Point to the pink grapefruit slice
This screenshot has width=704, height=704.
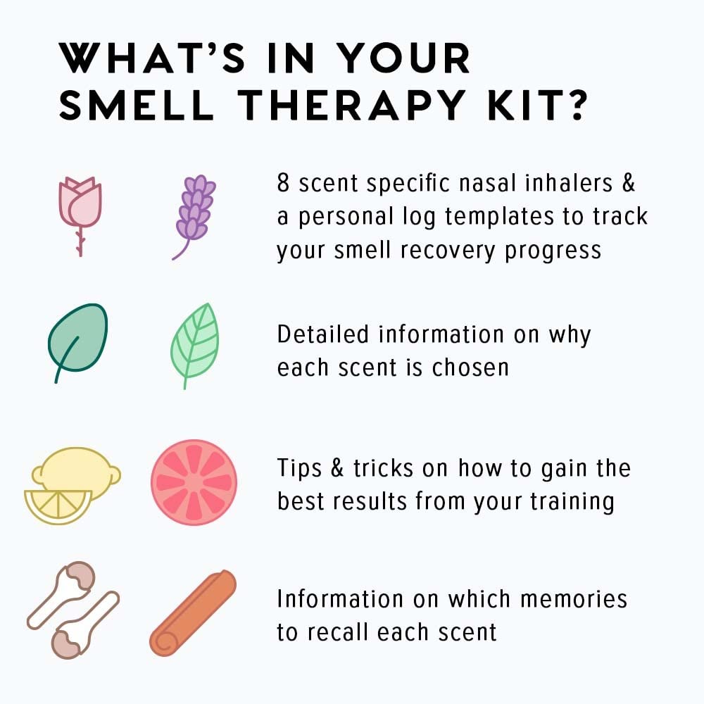click(x=194, y=482)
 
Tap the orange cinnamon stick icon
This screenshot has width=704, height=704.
click(x=193, y=612)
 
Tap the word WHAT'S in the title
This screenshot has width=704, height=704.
click(x=152, y=58)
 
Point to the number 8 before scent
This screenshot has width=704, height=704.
click(x=283, y=183)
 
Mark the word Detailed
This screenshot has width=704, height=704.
click(x=323, y=334)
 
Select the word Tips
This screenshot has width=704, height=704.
click(x=299, y=468)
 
